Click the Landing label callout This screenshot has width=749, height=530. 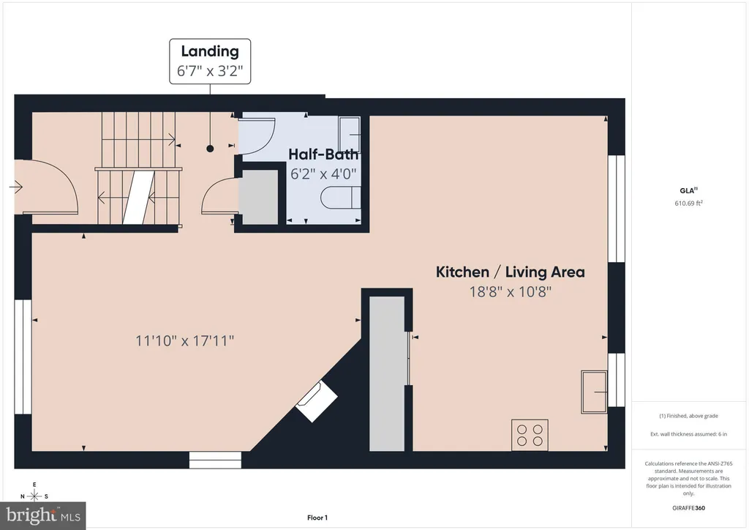(x=210, y=61)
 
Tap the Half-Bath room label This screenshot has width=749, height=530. (x=323, y=154)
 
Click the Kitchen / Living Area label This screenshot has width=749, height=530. (x=510, y=272)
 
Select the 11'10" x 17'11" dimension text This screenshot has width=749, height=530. (x=185, y=340)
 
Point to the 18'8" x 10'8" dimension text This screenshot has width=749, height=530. (x=510, y=291)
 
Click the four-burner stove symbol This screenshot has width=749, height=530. (x=530, y=435)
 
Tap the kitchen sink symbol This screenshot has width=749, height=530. (x=594, y=392)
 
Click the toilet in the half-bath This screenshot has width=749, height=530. (x=341, y=198)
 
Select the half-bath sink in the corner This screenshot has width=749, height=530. (x=349, y=133)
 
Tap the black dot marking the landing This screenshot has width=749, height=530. (x=210, y=149)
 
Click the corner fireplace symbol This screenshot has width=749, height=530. (x=317, y=401)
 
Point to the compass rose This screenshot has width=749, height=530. (x=34, y=496)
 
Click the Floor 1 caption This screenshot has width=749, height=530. (x=317, y=518)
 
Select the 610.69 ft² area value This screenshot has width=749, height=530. (x=689, y=203)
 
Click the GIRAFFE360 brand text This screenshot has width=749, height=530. (x=689, y=508)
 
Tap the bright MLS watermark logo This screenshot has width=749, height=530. (x=43, y=515)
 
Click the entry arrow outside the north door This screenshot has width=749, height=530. (x=16, y=187)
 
